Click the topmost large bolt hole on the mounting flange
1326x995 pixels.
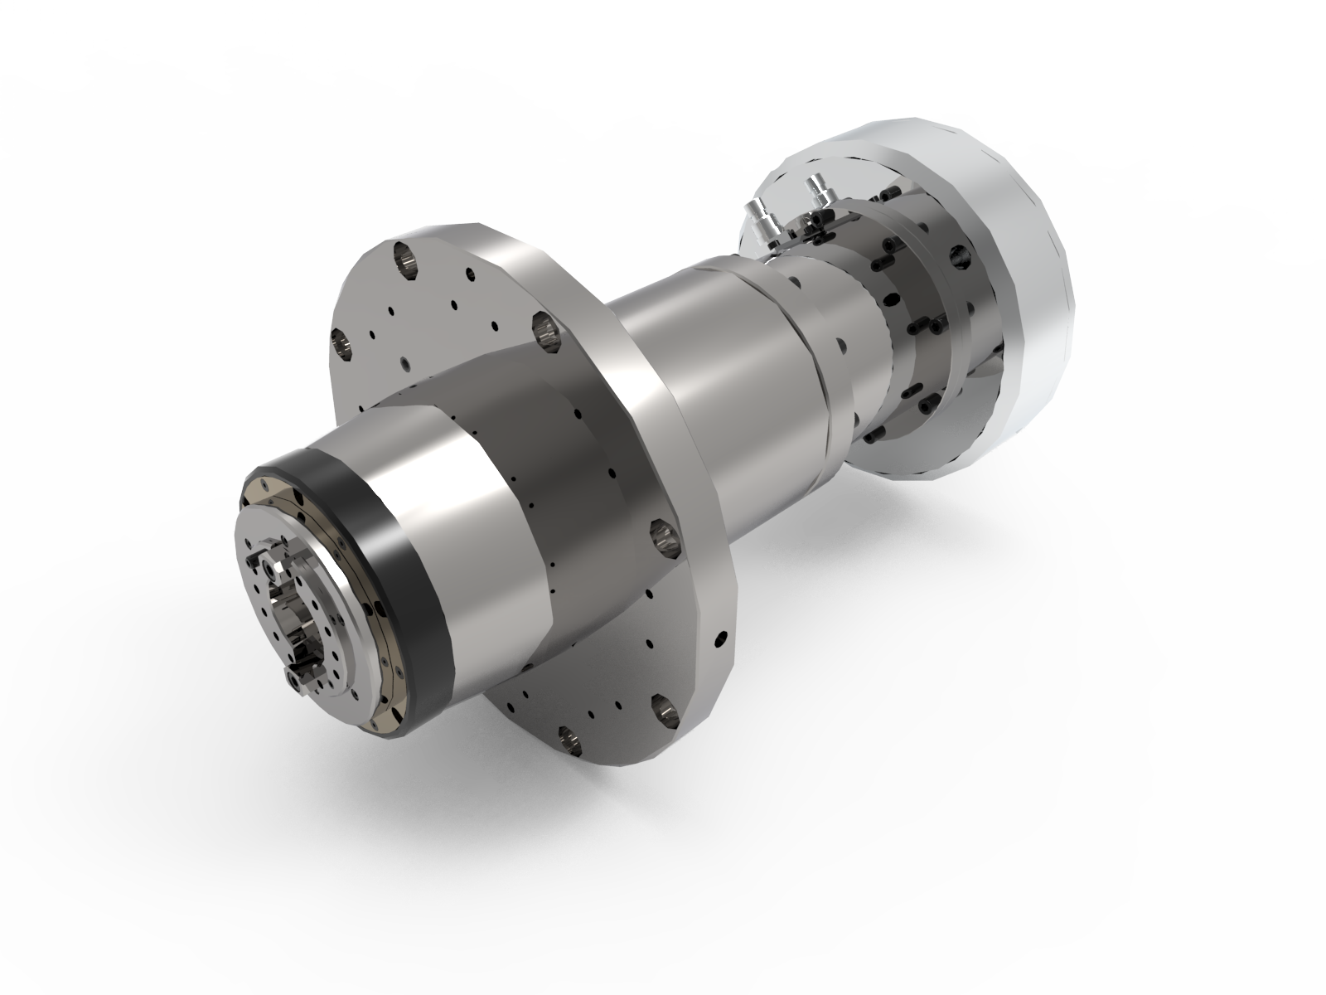pos(405,260)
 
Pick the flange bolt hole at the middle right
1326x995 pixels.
pos(665,535)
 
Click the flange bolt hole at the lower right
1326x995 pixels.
pos(664,706)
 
